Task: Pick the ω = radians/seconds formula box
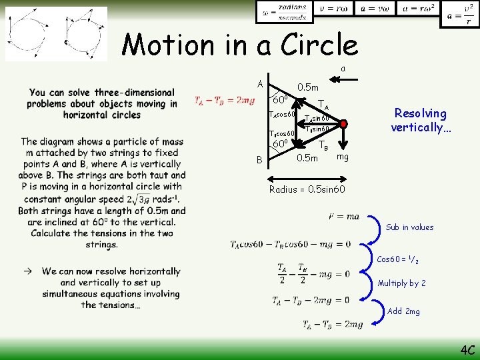[x=285, y=12]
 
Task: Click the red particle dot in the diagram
[x=343, y=124]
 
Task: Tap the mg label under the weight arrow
[x=343, y=157]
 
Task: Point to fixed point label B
[x=259, y=160]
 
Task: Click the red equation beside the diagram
[x=224, y=101]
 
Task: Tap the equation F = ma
[x=344, y=217]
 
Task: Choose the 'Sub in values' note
[x=409, y=227]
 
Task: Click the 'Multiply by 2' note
[x=401, y=283]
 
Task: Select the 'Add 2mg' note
[x=403, y=311]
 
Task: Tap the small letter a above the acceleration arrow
[x=343, y=69]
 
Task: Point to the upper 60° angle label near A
[x=281, y=100]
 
